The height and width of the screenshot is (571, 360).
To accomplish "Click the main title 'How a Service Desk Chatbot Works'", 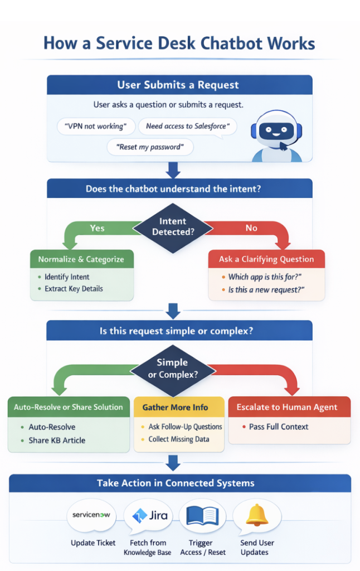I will point(179,43).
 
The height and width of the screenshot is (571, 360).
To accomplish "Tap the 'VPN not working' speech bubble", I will point(96,127).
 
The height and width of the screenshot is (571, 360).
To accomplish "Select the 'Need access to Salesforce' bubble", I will point(187,127).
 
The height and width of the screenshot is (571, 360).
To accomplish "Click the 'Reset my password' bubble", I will point(150,147).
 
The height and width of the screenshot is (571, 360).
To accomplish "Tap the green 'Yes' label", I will point(98,228).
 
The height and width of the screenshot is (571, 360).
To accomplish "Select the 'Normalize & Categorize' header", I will point(81,259).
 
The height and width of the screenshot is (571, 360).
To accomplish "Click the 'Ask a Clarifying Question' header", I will point(266,259).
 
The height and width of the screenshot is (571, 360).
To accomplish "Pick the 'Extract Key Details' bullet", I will point(74,289).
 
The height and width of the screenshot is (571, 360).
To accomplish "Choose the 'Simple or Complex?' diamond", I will point(173,369).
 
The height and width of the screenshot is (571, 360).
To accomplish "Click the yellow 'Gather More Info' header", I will point(179,407).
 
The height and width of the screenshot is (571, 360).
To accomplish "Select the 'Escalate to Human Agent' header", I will point(287,407).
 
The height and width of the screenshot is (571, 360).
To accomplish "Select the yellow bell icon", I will point(257,515).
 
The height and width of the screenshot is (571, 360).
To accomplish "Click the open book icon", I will point(202,515).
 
